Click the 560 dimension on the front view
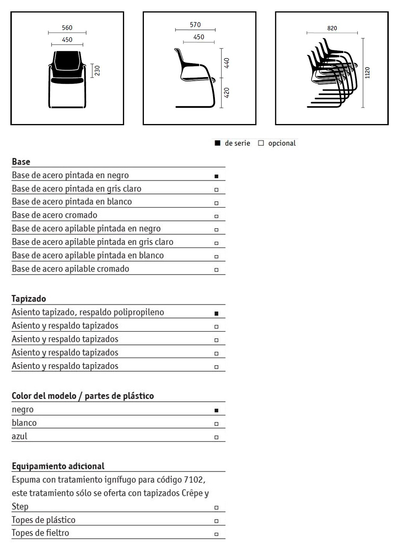tap(67, 28)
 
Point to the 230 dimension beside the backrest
tap(97, 71)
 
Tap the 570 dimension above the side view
tap(195, 25)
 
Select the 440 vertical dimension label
tap(227, 63)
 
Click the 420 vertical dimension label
tap(227, 93)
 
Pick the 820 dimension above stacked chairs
tap(332, 28)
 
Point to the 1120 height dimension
tap(368, 72)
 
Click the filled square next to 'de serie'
tap(218, 143)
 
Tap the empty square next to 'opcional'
tap(261, 143)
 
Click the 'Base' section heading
tap(21, 162)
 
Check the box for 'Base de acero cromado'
tap(216, 216)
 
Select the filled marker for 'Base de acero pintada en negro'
tap(216, 176)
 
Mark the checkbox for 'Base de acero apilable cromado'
tap(216, 270)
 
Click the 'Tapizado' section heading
tap(29, 298)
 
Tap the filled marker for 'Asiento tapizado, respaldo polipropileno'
tap(216, 313)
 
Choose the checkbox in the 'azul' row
tap(216, 437)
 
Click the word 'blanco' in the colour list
tap(24, 423)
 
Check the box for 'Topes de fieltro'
tap(216, 534)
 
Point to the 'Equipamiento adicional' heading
tap(58, 466)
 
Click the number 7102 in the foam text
tap(193, 480)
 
